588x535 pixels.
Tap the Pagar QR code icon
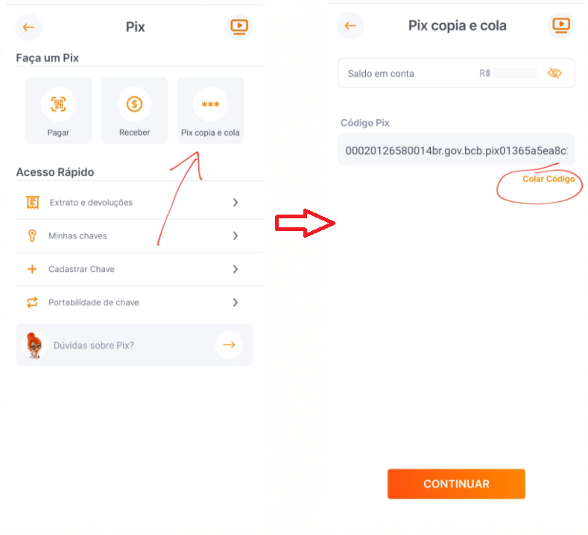(x=58, y=104)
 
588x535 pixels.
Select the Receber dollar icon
(x=134, y=104)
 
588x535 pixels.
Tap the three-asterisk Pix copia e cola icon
(x=210, y=104)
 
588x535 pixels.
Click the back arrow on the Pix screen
(x=28, y=27)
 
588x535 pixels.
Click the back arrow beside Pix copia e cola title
(x=350, y=25)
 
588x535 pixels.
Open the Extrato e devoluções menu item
(x=91, y=203)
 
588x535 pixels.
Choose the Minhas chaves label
(x=78, y=235)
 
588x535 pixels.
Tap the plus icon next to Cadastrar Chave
(x=32, y=269)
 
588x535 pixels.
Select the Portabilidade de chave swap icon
(x=32, y=303)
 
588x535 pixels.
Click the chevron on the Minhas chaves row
(x=235, y=235)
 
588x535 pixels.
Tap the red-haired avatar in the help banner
(x=34, y=345)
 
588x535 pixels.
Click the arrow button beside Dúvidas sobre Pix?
(x=229, y=344)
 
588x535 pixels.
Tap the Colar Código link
(x=549, y=180)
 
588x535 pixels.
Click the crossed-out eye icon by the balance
(x=554, y=73)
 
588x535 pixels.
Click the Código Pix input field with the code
(x=456, y=150)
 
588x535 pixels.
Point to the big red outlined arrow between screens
(x=305, y=223)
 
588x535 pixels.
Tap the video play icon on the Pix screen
(x=239, y=27)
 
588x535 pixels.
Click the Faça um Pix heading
(x=47, y=57)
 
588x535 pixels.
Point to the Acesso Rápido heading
(x=55, y=172)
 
